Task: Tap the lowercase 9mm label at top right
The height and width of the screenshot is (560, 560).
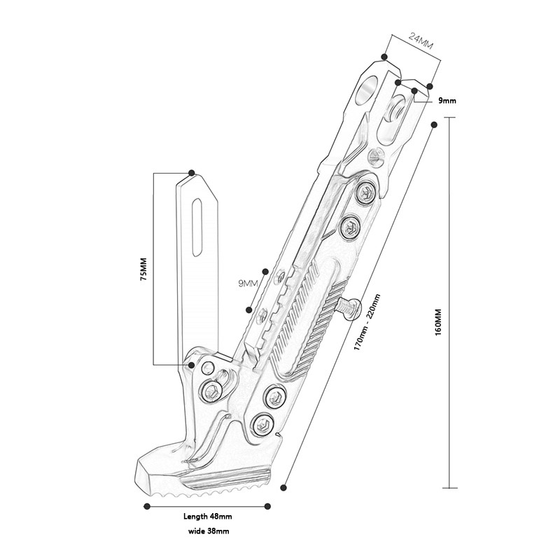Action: click(x=447, y=101)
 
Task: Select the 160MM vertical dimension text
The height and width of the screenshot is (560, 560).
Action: click(x=439, y=320)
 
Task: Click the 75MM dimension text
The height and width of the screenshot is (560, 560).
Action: click(x=143, y=269)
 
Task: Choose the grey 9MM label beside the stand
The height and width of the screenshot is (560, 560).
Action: click(x=248, y=283)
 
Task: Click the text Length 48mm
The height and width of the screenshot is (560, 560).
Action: click(x=207, y=516)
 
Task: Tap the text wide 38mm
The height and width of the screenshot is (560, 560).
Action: click(x=209, y=531)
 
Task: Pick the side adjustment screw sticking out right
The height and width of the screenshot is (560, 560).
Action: click(x=348, y=307)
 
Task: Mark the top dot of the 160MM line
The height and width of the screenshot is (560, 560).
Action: click(x=435, y=125)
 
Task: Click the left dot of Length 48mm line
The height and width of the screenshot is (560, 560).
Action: click(x=147, y=505)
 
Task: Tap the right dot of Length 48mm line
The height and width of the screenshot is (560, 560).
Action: click(x=268, y=505)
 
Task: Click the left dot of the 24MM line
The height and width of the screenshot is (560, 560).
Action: click(x=384, y=56)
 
